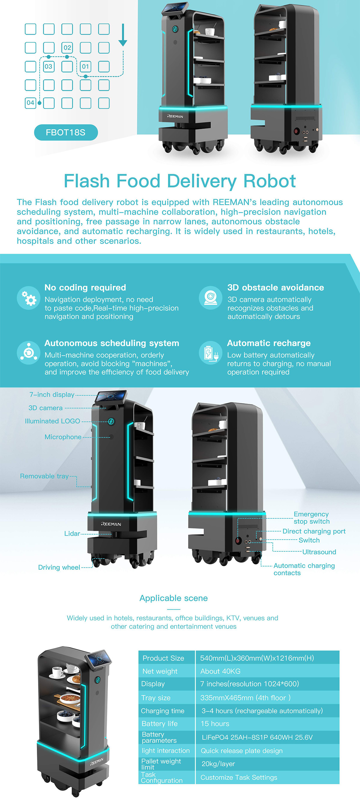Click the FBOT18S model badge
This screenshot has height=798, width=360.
66,133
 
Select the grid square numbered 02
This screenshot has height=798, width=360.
67,48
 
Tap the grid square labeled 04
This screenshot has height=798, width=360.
30,103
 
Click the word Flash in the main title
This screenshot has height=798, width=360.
86,181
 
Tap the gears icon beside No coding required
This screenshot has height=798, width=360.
28,298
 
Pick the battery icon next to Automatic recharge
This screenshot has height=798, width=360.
211,353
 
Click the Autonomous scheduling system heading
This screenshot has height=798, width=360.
112,343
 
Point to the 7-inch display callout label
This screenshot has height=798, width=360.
52,395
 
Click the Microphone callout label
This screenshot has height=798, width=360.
63,437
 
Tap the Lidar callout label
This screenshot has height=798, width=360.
72,533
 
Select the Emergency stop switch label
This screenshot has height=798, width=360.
311,518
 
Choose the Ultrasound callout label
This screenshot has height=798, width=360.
319,552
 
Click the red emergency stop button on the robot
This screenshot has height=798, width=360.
238,541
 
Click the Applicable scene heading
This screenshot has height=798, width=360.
173,598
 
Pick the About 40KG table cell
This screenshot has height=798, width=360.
220,671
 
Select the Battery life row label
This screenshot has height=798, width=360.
160,724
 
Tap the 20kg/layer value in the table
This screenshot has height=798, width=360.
218,764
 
